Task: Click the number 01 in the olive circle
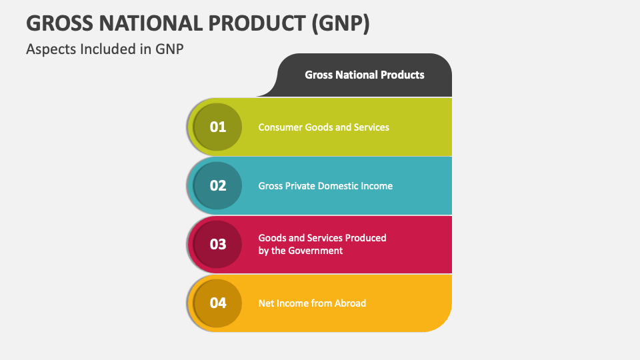click(x=218, y=127)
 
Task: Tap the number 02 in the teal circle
click(x=218, y=185)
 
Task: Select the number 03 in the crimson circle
click(x=218, y=244)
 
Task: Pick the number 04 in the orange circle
click(x=218, y=303)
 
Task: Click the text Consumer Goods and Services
click(x=323, y=127)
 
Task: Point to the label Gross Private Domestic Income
click(x=325, y=185)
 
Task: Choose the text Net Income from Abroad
click(x=312, y=303)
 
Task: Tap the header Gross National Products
click(x=365, y=75)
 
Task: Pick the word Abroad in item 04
click(x=349, y=303)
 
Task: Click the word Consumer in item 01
click(x=280, y=127)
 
